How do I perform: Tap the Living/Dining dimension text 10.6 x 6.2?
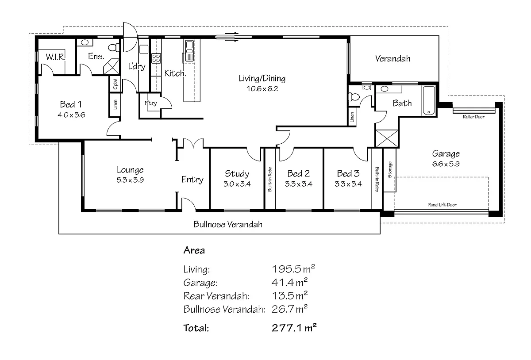pos(262,88)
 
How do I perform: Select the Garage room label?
pos(446,154)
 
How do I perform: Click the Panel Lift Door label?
pos(442,205)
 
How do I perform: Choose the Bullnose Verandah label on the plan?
pos(228,224)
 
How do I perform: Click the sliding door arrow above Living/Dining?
pos(229,36)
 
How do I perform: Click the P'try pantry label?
pos(150,103)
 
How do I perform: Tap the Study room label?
pos(237,173)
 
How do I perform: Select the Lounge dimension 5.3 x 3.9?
pos(130,180)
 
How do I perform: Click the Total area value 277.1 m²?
pos(294,328)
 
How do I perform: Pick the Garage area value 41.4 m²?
pos(290,283)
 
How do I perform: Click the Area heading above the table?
pos(194,250)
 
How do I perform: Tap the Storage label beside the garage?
pos(390,170)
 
